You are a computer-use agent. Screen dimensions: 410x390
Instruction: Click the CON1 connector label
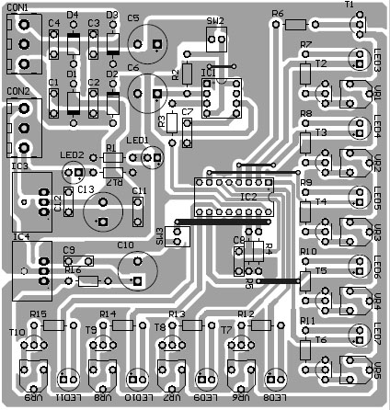[x=17, y=8]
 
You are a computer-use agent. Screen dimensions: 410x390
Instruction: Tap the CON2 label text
[x=17, y=91]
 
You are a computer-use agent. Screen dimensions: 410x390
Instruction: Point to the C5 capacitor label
[x=134, y=17]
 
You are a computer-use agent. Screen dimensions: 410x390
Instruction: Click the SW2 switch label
[x=215, y=20]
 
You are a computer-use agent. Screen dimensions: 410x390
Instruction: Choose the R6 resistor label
[x=278, y=14]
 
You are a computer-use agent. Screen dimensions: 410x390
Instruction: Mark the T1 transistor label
[x=350, y=6]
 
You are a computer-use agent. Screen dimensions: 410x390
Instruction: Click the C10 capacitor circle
[x=136, y=271]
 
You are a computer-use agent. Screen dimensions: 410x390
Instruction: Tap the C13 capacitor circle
[x=101, y=213]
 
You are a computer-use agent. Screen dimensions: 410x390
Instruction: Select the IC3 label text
[x=20, y=168]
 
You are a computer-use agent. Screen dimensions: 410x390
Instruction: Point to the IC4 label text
[x=20, y=236]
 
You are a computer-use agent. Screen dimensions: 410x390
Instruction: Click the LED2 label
[x=71, y=155]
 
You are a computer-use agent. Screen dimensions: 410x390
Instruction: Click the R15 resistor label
[x=38, y=314]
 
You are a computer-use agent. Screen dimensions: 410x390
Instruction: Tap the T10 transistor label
[x=17, y=332]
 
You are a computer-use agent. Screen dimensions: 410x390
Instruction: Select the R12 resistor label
[x=246, y=314]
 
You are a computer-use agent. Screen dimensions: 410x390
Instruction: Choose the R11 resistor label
[x=307, y=321]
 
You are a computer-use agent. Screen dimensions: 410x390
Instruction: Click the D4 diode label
[x=72, y=15]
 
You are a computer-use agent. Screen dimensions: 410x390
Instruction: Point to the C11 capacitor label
[x=139, y=191]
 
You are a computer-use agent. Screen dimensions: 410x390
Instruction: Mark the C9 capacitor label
[x=69, y=249]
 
